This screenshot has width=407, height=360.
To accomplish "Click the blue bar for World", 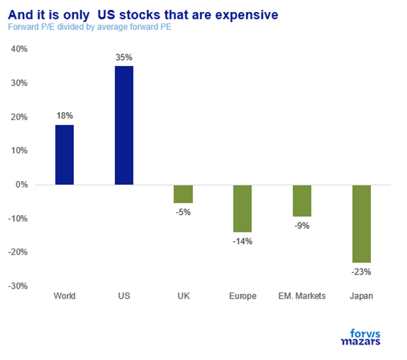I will tap(64, 155).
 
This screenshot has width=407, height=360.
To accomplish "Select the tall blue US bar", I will tap(123, 126).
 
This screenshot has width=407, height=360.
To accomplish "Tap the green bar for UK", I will tap(183, 194).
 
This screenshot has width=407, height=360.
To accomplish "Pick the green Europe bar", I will tap(242, 208).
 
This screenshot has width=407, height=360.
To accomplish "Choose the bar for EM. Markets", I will tap(302, 200).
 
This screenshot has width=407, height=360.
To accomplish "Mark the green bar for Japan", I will tap(361, 224).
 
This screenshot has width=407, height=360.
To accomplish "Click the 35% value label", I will tap(123, 57).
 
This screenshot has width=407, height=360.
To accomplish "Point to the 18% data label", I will tap(64, 115).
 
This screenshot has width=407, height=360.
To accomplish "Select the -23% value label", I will tap(361, 272).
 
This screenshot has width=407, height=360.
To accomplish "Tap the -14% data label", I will tap(242, 241).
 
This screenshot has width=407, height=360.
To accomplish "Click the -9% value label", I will tap(302, 226).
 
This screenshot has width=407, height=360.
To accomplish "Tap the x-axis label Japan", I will tap(361, 296).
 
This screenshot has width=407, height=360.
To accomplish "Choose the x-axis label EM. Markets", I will tap(302, 296).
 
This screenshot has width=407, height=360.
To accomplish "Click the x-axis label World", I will tap(64, 296).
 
